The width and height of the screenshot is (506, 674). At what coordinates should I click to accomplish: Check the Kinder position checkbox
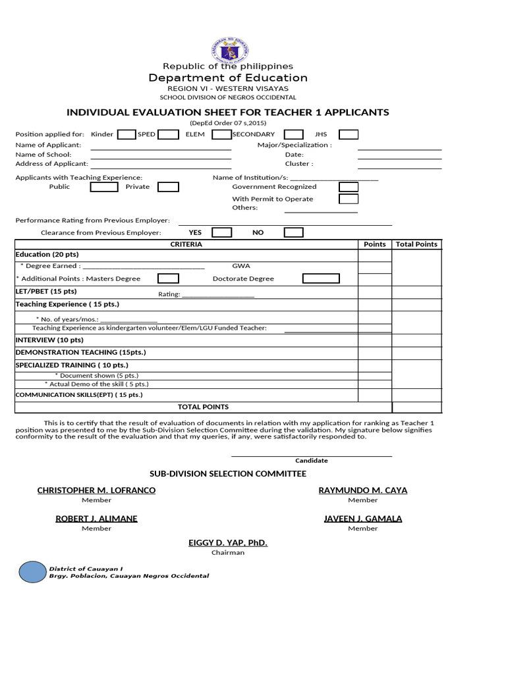point(126,135)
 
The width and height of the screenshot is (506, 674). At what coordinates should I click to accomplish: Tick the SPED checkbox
point(168,135)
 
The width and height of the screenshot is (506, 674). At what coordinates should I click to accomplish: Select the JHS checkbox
point(349,135)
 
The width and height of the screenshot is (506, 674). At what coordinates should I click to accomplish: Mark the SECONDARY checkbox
point(294,135)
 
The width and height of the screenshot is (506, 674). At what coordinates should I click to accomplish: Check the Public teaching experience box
point(104,187)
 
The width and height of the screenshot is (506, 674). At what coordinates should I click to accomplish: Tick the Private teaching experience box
point(168,187)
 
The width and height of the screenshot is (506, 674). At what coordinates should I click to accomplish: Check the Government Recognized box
point(349,187)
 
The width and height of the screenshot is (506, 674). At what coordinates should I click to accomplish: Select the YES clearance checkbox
point(221,232)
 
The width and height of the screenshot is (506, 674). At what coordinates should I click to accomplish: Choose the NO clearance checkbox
point(293,232)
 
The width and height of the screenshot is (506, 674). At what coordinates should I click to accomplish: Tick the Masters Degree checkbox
point(168,278)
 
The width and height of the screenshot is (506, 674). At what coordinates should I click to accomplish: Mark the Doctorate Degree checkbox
point(321,278)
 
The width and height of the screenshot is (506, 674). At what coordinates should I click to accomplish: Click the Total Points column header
point(416,244)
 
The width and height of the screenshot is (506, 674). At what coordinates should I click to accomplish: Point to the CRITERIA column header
point(186,244)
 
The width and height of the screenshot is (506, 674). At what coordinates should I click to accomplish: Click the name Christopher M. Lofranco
point(96,490)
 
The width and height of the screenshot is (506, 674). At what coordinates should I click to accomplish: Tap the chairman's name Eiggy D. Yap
point(228,543)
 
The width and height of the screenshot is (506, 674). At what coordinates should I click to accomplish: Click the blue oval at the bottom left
point(31,572)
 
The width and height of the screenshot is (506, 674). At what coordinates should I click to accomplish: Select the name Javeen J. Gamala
point(363,519)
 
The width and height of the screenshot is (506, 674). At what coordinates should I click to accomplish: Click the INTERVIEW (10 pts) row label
point(49,340)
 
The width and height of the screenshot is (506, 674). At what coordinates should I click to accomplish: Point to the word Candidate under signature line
point(311,461)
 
